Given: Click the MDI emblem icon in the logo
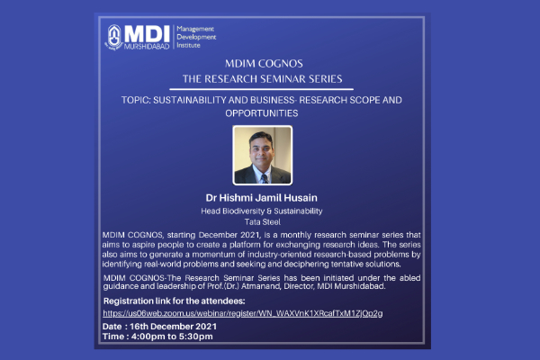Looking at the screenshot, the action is click(113, 37).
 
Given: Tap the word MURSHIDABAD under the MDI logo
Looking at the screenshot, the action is click(147, 46).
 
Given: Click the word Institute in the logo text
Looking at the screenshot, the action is click(188, 45).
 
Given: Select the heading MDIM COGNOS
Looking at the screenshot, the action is click(264, 63).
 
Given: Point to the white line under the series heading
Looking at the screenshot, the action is click(261, 89).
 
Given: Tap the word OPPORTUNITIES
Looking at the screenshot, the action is click(262, 113).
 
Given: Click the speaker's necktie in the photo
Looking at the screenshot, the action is click(264, 178).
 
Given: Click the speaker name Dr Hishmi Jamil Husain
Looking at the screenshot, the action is click(261, 198).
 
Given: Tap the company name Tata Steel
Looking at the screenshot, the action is click(263, 222).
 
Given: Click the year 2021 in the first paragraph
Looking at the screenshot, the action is click(250, 235).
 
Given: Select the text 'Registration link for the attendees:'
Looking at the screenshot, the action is click(175, 301).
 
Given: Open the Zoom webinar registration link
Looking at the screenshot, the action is click(243, 313).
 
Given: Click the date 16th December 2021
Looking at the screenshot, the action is click(173, 327).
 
